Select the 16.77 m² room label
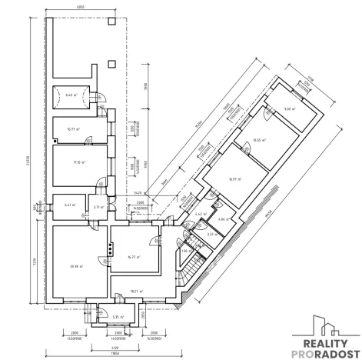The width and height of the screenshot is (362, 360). tap(134, 257)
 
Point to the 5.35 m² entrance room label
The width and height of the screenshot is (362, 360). tap(118, 316)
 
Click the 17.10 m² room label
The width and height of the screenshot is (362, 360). tap(78, 162)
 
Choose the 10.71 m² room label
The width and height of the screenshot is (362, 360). tap(74, 129)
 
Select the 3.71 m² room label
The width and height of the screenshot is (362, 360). tap(98, 207)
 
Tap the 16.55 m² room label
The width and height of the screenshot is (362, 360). tap(259, 140)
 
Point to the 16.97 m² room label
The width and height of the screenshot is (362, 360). tap(234, 178)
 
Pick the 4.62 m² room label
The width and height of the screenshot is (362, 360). tap(198, 215)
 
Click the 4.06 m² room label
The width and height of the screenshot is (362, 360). tap(221, 220)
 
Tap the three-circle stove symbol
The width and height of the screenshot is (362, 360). tap(111, 248)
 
